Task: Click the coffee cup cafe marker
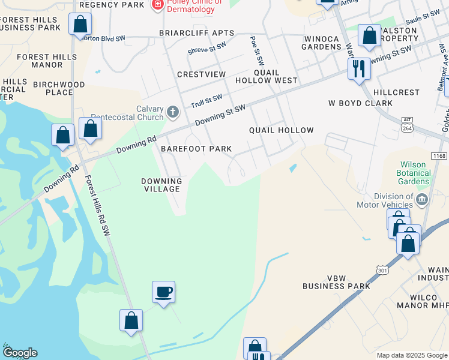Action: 163,292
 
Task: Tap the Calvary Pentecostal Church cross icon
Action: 173,112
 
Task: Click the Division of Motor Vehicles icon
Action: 421,200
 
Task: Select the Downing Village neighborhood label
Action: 161,185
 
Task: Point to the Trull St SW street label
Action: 206,100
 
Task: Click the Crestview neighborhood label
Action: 201,74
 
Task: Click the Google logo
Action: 20,353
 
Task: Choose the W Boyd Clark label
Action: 360,103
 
